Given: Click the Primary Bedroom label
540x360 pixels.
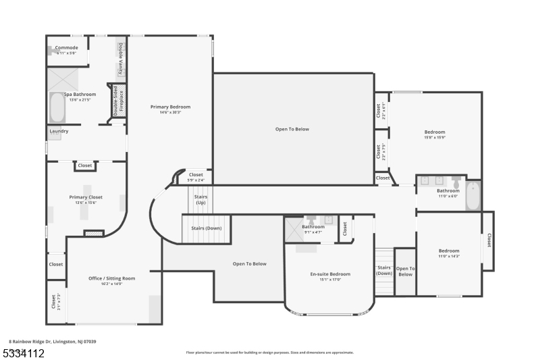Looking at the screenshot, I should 170,107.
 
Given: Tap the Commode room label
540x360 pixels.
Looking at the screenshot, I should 66,48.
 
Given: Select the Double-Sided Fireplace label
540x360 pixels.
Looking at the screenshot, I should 117,101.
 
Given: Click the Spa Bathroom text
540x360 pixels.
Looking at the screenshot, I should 80,95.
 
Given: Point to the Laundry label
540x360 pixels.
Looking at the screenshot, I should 59,131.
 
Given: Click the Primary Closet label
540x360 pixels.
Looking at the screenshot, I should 86,197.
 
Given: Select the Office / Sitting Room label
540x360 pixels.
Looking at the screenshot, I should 112,278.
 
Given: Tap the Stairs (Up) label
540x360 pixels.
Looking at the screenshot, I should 200,199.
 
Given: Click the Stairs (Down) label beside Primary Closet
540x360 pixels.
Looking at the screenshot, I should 206,228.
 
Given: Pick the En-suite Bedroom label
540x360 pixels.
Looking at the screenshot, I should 330,274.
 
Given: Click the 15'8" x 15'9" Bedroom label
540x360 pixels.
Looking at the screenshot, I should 435,132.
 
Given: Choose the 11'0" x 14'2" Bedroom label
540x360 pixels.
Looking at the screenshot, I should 449,251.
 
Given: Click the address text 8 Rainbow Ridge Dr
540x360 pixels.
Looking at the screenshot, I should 53,342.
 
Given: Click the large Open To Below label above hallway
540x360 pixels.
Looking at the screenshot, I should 292,129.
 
